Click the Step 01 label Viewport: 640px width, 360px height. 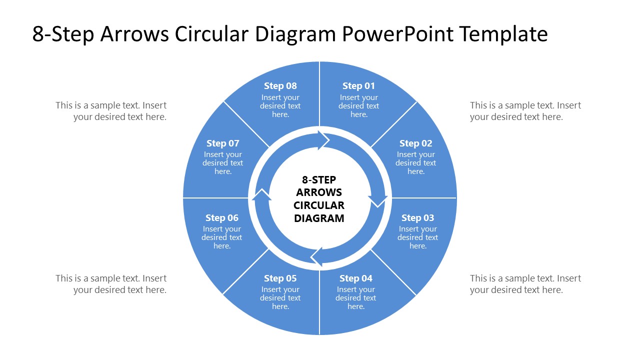click(x=358, y=86)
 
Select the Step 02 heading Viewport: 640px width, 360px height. click(x=415, y=143)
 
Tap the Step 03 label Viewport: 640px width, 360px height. click(x=417, y=218)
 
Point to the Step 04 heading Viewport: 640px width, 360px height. click(x=355, y=278)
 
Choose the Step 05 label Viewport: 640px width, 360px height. click(x=280, y=278)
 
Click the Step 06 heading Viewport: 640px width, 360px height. click(x=222, y=218)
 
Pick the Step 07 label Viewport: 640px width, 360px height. click(x=223, y=143)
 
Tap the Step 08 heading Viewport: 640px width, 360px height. click(x=280, y=86)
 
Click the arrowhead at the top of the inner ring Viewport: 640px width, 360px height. click(x=322, y=140)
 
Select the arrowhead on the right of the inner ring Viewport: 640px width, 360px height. click(x=377, y=200)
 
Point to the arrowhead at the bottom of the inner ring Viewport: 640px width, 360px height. click(x=317, y=256)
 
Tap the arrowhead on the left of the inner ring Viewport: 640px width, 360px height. click(x=261, y=195)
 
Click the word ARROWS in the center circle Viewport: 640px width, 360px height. click(x=319, y=192)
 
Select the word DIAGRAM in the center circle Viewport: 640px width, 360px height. click(x=319, y=218)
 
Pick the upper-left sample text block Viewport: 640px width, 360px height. click(x=111, y=111)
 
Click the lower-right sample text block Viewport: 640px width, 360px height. click(x=525, y=284)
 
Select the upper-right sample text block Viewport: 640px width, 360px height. click(x=525, y=111)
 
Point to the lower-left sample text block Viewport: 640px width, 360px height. click(x=111, y=284)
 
